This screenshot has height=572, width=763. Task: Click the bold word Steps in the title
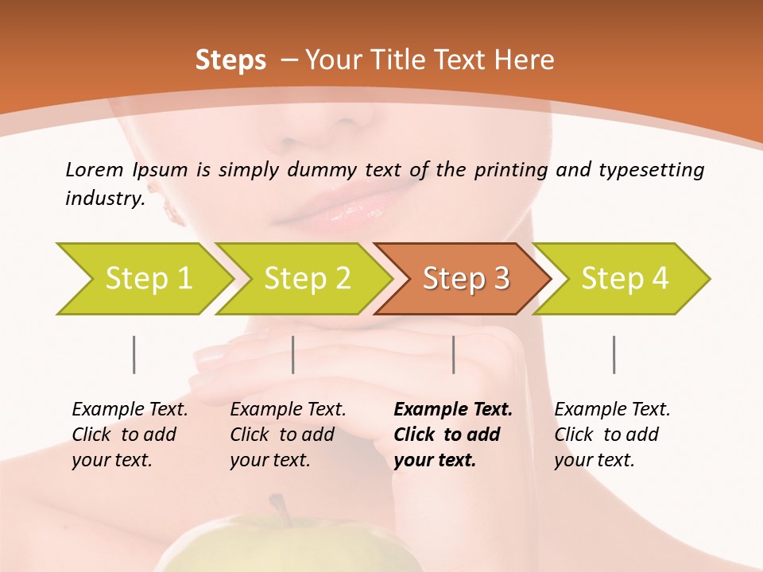(x=230, y=60)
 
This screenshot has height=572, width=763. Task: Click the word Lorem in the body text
(x=95, y=169)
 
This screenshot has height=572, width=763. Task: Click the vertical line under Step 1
(x=134, y=354)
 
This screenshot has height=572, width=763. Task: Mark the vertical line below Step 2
(x=293, y=354)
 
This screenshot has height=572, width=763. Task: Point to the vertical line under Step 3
(x=454, y=354)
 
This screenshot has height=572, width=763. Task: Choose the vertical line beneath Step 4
(x=614, y=354)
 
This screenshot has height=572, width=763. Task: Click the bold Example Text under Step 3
(x=453, y=410)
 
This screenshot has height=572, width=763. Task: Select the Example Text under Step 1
(x=130, y=410)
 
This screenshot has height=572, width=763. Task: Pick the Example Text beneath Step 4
(x=612, y=410)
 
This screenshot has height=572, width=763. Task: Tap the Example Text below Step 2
(x=288, y=410)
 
